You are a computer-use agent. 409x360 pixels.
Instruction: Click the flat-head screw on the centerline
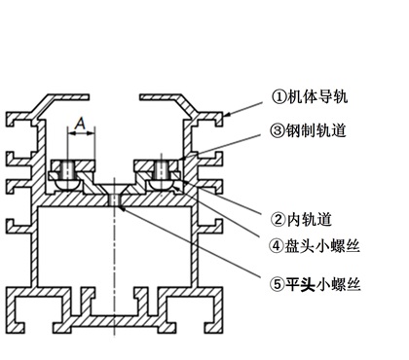(116, 200)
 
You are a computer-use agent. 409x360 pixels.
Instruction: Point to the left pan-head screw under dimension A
(70, 176)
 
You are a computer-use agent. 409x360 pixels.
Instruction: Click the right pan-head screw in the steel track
(161, 176)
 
